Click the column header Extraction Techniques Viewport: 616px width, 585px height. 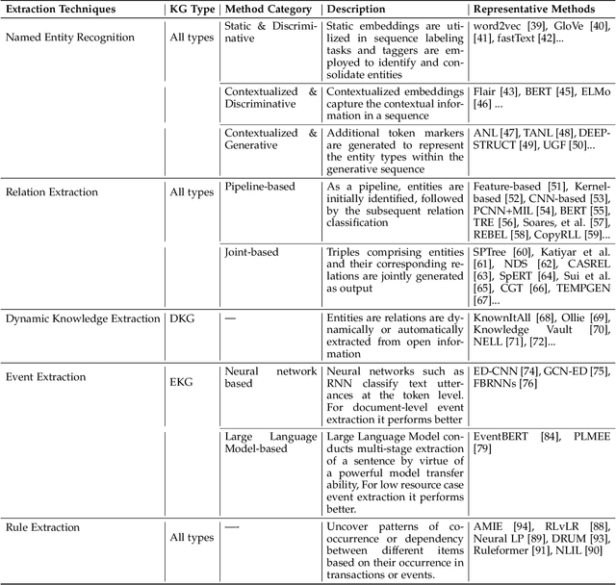tap(62, 9)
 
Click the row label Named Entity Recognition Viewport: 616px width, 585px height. tap(70, 37)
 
